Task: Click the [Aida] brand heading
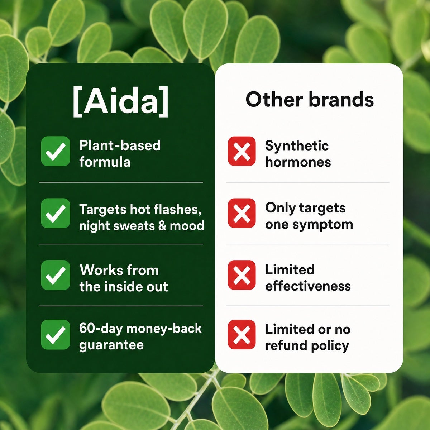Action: [120, 101]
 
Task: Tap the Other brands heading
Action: [310, 99]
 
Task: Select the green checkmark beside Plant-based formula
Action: [56, 151]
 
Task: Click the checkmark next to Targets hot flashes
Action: [56, 213]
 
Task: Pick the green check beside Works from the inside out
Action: [56, 275]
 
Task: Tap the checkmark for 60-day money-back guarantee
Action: [56, 335]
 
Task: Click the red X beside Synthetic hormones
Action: [242, 151]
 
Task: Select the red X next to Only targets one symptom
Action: [242, 213]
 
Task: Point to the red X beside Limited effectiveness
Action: [242, 275]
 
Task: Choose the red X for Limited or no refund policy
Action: [242, 334]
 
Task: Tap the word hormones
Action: [298, 162]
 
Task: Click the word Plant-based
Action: [120, 145]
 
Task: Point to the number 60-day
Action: [101, 329]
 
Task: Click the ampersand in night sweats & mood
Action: [162, 226]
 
